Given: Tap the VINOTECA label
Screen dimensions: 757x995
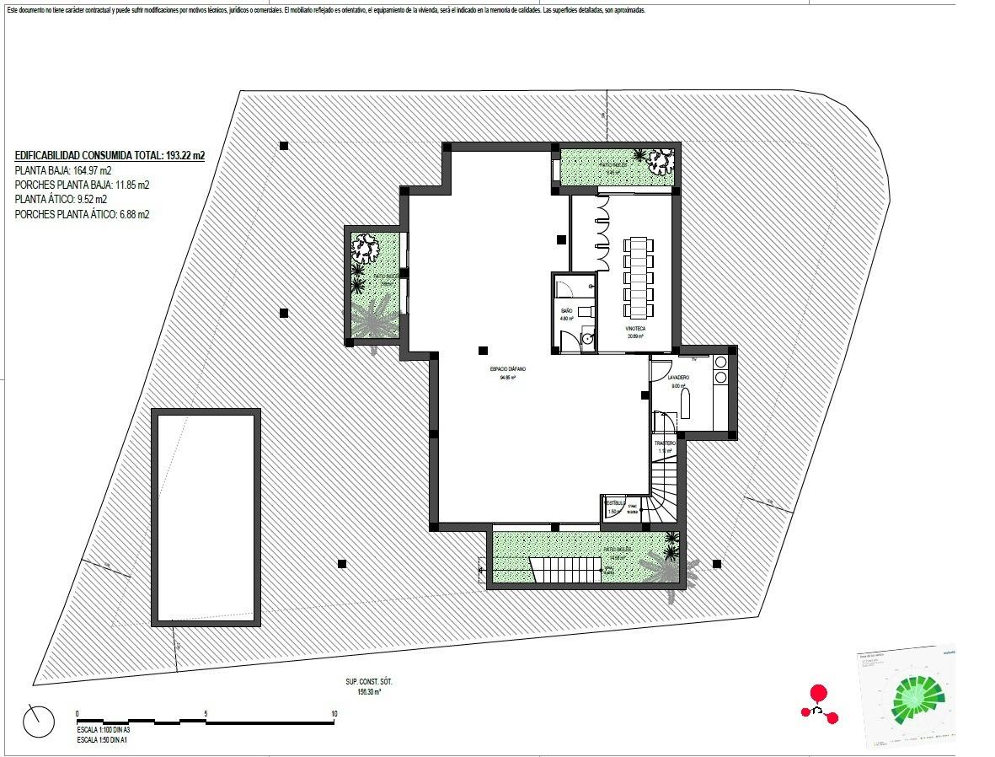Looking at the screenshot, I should (x=635, y=328).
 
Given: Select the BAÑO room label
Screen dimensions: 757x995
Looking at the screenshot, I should (x=567, y=311).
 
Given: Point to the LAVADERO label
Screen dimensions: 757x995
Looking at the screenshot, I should (x=679, y=378).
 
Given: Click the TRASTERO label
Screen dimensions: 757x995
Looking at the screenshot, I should (x=665, y=443).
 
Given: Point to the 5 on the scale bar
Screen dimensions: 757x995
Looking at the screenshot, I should (x=206, y=713).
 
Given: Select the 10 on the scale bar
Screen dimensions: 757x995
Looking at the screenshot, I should (x=334, y=713).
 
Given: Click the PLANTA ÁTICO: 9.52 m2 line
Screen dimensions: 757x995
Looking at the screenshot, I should (x=61, y=200).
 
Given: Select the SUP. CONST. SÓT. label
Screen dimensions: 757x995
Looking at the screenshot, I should (x=368, y=681).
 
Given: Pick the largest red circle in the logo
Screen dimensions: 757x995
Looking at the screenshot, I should (x=816, y=694).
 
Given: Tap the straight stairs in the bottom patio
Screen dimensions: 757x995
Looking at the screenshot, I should (x=564, y=570).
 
